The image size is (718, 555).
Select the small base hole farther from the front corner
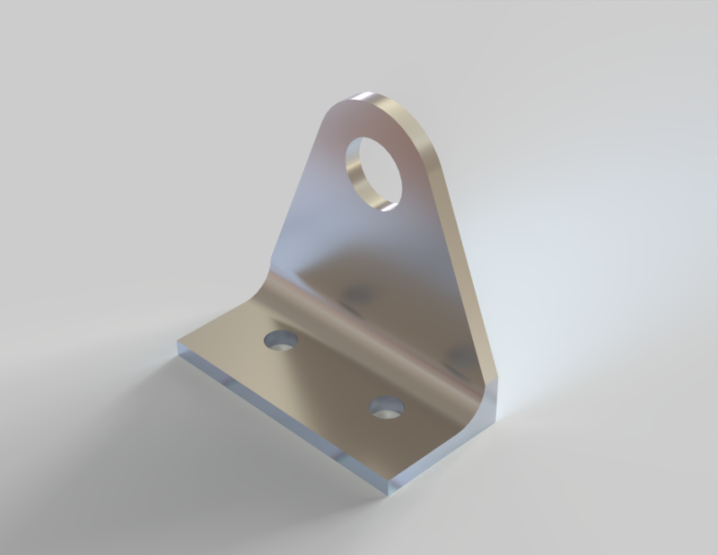tap(281, 340)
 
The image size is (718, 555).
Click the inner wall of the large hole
tap(359, 180)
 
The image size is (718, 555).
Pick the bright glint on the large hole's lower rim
tap(388, 206)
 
